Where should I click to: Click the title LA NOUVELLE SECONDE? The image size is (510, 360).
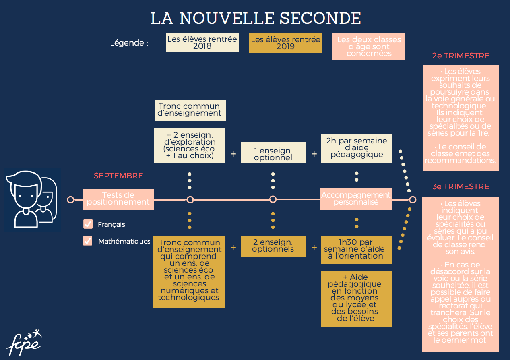click(x=255, y=18)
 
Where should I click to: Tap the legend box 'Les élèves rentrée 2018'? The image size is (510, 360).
click(x=202, y=43)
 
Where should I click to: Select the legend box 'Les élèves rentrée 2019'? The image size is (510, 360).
click(x=285, y=43)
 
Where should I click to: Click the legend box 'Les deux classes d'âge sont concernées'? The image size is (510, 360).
click(x=369, y=46)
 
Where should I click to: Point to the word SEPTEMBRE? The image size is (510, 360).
click(x=118, y=176)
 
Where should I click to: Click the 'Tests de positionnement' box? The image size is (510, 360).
click(x=118, y=199)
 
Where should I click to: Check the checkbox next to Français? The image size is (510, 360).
click(x=87, y=224)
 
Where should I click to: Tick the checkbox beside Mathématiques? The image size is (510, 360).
click(x=87, y=241)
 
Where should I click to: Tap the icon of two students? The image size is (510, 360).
click(x=33, y=200)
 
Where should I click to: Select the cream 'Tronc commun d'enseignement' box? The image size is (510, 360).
click(x=190, y=110)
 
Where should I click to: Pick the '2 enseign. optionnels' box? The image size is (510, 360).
click(x=273, y=246)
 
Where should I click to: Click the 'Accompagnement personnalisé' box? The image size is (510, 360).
click(x=356, y=199)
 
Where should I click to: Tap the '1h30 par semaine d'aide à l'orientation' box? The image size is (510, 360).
click(x=356, y=249)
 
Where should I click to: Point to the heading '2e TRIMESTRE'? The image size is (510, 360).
click(x=460, y=56)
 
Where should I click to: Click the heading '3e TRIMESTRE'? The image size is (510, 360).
click(x=460, y=187)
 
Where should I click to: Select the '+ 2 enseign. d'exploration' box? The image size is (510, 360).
click(x=190, y=145)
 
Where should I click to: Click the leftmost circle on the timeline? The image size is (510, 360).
click(x=70, y=199)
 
